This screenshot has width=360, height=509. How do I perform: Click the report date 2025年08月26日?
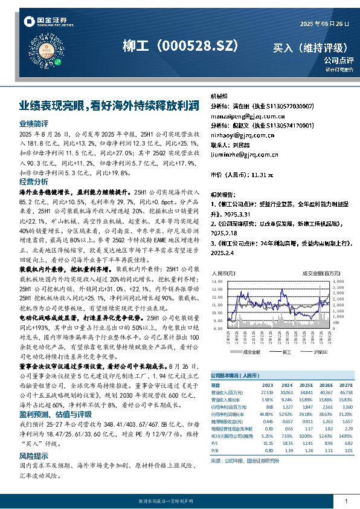[x=324, y=24]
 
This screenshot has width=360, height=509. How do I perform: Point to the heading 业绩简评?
[x=34, y=123]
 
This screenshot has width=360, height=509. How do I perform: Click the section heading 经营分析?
[x=34, y=181]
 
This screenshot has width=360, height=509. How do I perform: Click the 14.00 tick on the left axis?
[x=217, y=281]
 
